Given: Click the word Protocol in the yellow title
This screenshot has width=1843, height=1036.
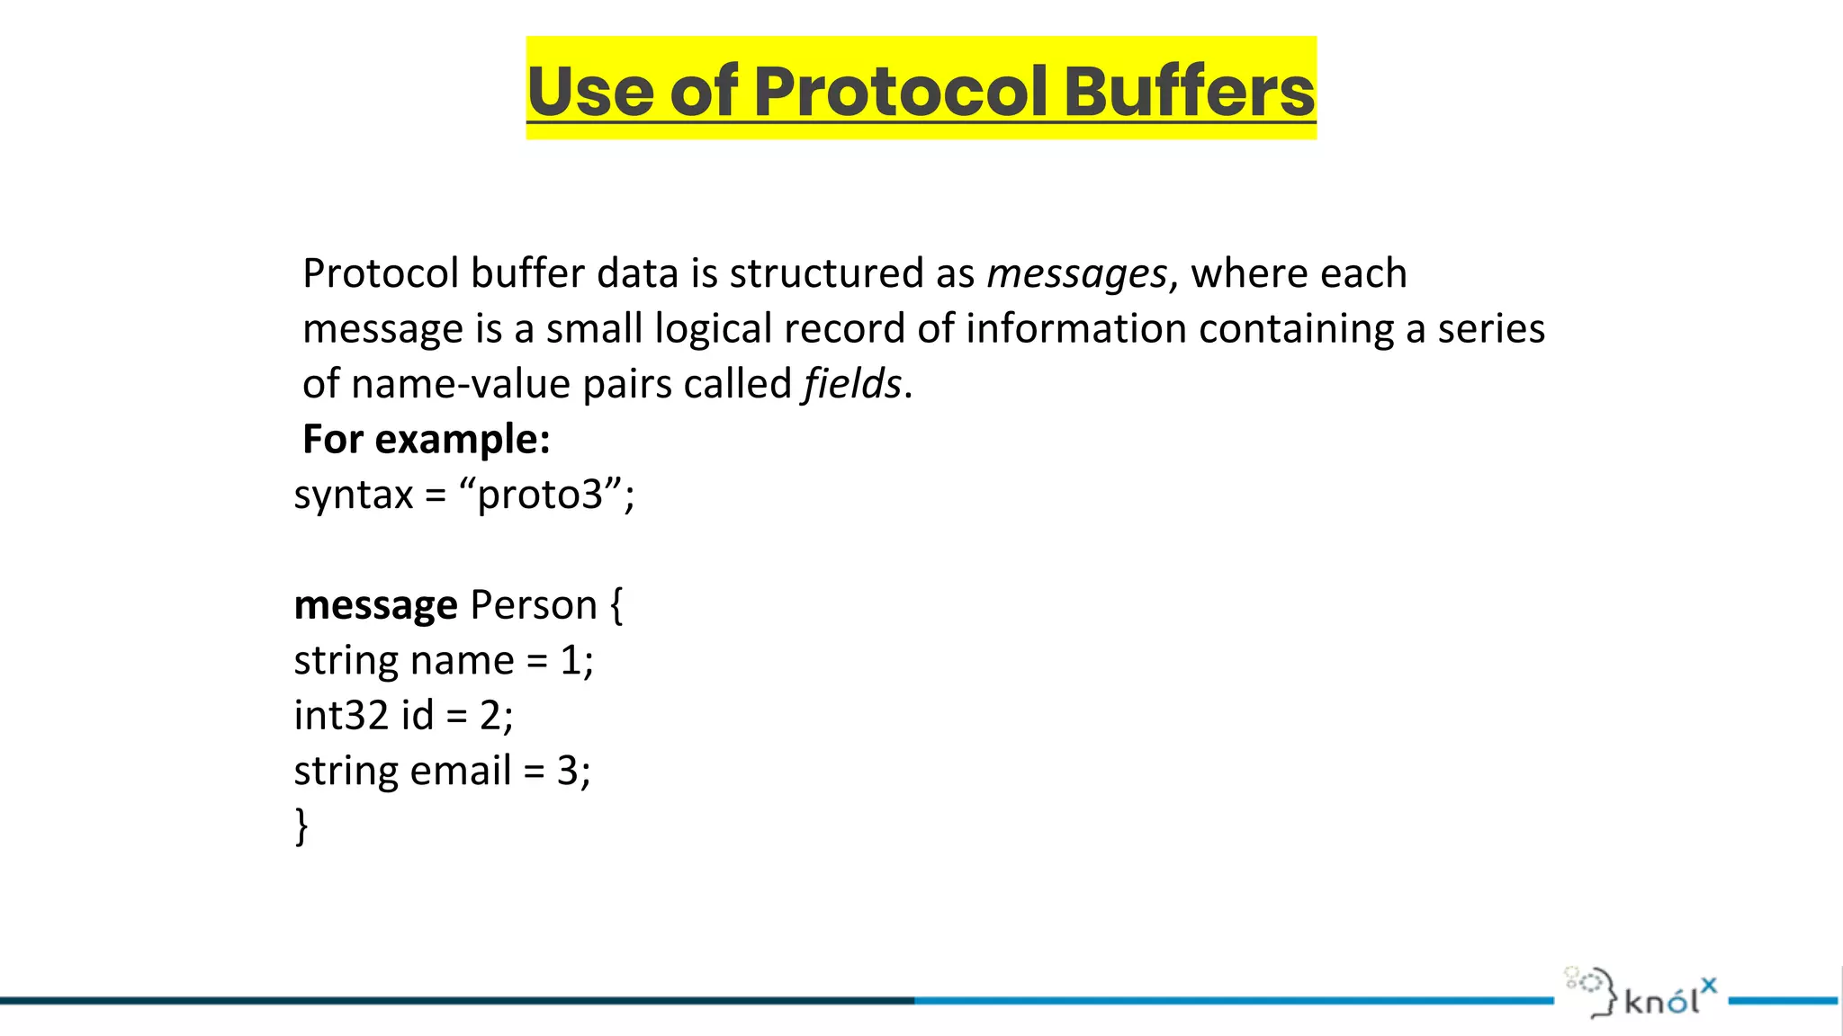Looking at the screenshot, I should coord(901,91).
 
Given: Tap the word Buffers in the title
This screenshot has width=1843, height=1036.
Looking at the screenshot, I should coord(1190,91).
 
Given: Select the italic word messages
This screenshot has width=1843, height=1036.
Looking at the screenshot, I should coord(1076,273).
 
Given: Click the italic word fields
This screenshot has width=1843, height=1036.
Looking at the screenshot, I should coord(852,384).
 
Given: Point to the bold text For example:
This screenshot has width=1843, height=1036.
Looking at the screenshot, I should coord(427,440).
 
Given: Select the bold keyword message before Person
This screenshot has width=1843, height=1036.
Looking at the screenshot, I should coord(376,605).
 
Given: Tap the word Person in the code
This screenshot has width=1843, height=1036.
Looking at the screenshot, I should coord(534,605).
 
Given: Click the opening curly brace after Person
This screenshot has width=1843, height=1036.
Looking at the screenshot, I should coord(616,605).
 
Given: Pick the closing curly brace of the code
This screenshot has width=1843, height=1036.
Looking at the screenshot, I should coord(301,826).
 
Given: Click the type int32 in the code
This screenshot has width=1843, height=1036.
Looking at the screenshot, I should coord(341,716).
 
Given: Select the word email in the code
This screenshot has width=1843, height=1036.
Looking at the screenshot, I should coord(461,771).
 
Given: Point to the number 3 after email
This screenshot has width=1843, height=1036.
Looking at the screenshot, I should coord(567,771).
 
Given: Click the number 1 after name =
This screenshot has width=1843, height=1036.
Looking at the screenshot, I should coord(571,661).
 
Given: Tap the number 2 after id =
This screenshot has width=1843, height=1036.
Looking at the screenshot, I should coord(490,716).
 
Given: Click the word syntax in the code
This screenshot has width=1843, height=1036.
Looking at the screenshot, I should coord(354,496).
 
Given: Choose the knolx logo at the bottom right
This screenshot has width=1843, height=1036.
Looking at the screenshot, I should coord(1641,993).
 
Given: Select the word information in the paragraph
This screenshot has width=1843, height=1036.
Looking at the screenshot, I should coord(1076,329).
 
